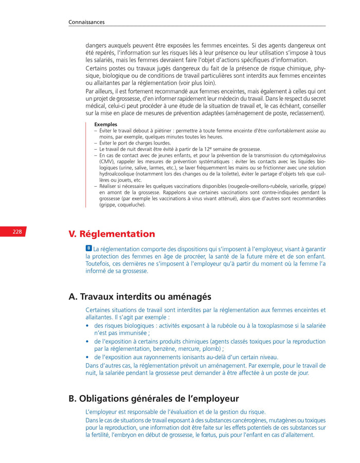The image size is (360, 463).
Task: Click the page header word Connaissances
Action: (x=86, y=22)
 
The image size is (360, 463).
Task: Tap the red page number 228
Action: (x=17, y=232)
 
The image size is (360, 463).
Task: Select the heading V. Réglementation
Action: (x=112, y=234)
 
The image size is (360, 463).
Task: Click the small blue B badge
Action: (x=88, y=248)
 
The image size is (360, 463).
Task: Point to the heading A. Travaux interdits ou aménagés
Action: (x=139, y=297)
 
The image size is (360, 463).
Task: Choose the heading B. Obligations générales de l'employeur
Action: (x=153, y=399)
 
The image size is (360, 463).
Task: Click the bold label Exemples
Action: (x=105, y=124)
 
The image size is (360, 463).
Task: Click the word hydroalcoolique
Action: (x=115, y=174)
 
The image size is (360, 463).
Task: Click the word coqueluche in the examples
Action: (x=128, y=205)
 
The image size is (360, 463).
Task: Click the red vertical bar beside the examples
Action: (x=86, y=164)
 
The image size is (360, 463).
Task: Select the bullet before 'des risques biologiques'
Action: (x=88, y=326)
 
